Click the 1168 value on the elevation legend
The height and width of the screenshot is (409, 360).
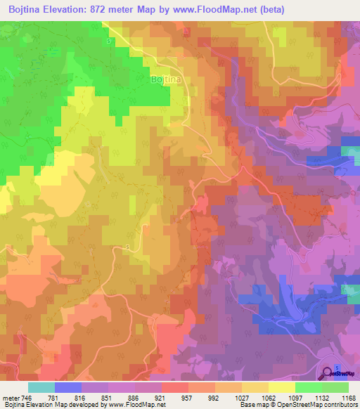[349, 398]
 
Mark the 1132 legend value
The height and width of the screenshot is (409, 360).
[322, 398]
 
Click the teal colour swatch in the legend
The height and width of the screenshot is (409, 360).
[41, 387]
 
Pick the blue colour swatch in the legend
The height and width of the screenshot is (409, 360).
[68, 387]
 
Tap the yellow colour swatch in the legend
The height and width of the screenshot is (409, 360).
[282, 387]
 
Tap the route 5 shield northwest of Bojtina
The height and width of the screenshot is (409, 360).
[108, 41]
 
